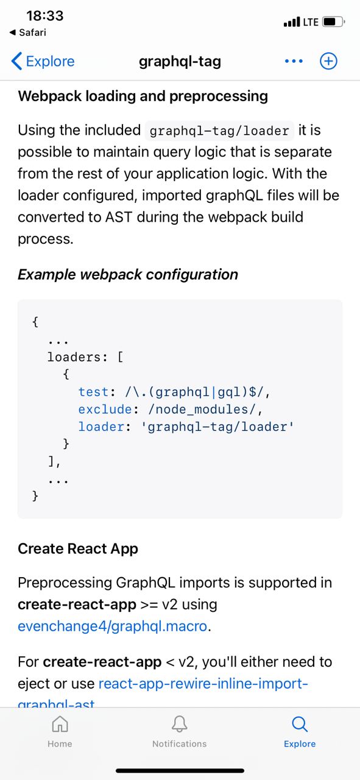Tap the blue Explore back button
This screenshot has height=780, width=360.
point(43,62)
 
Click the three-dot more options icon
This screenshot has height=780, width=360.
point(294,62)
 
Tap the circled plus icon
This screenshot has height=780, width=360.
point(328,62)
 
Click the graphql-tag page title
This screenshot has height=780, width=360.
point(180,62)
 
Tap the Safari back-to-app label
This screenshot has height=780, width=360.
point(28,33)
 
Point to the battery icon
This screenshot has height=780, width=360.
point(333,22)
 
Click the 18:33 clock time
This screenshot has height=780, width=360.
point(45,16)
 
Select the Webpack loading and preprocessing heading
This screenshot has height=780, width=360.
point(143,96)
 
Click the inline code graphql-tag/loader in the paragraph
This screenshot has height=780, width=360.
point(219,131)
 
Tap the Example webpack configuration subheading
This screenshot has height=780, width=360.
point(128,275)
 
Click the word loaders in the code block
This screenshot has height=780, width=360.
point(74,357)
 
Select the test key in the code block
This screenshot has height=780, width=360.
point(93,392)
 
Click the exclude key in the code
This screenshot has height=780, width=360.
point(105,409)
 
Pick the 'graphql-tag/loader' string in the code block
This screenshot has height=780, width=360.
point(217,427)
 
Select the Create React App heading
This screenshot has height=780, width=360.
point(78,549)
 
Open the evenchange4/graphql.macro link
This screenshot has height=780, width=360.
point(113,626)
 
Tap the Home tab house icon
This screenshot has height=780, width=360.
point(60,725)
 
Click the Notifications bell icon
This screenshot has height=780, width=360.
point(180,725)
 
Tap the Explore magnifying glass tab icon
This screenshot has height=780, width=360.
point(300,725)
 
